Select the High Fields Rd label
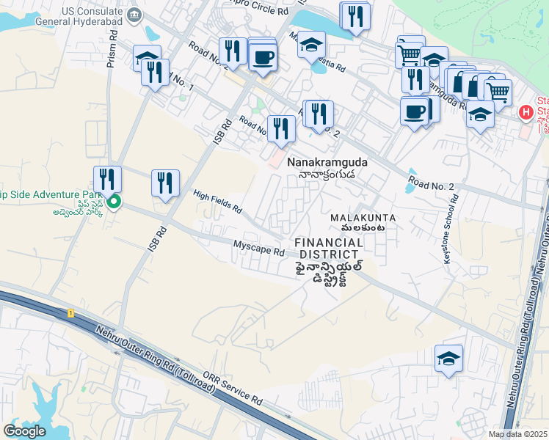coord(217,202)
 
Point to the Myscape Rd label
coord(258,249)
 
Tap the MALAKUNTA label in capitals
coord(363,218)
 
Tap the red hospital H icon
coord(526,112)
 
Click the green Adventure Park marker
coord(113,202)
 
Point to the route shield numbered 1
coord(71,313)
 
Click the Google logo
coord(25,431)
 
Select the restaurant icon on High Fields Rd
coord(165,183)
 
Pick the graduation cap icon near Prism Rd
coord(147,57)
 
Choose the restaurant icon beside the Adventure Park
coord(107,178)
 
